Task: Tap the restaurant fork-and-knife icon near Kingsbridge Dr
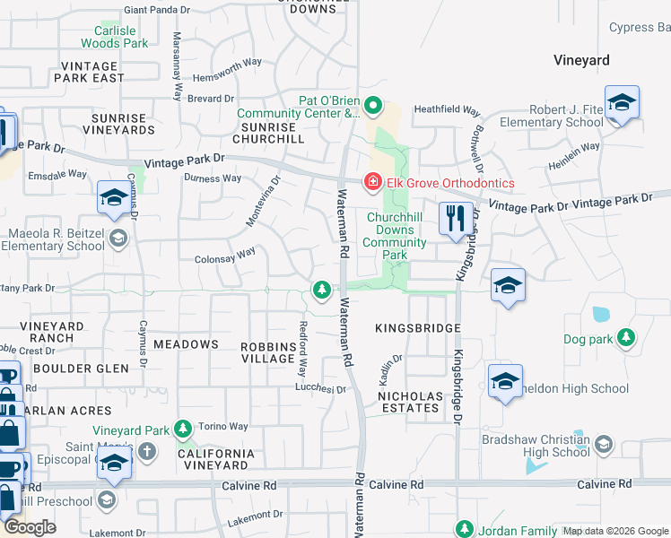pyautogui.click(x=456, y=218)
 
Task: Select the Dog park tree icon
pyautogui.click(x=626, y=339)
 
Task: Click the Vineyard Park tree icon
pyautogui.click(x=184, y=430)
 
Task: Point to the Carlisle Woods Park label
pyautogui.click(x=114, y=36)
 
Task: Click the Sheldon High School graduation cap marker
pyautogui.click(x=505, y=381)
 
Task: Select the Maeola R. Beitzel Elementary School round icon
pyautogui.click(x=118, y=239)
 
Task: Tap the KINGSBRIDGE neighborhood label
pyautogui.click(x=417, y=329)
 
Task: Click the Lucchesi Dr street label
pyautogui.click(x=321, y=389)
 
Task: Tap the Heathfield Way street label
pyautogui.click(x=446, y=110)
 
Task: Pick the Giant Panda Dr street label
pyautogui.click(x=157, y=10)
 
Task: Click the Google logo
pyautogui.click(x=30, y=527)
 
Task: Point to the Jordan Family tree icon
pyautogui.click(x=465, y=529)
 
